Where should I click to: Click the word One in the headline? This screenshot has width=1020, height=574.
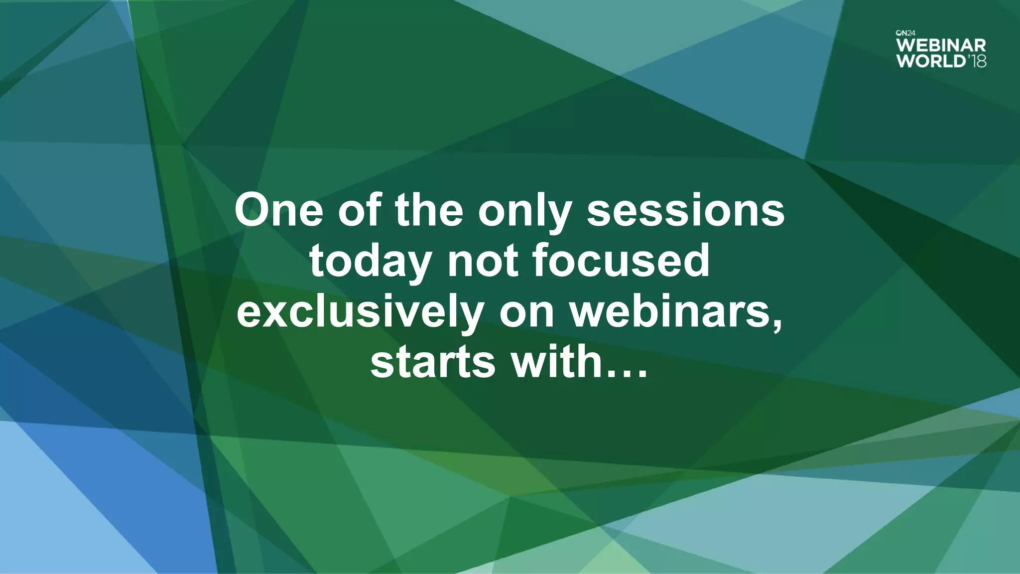279,210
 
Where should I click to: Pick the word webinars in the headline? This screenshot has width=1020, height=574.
671,311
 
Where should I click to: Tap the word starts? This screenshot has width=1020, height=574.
433,362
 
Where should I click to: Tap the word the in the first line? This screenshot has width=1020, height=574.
429,210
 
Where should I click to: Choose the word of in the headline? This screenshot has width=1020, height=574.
360,210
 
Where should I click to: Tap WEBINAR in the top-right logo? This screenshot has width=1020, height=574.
941,46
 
